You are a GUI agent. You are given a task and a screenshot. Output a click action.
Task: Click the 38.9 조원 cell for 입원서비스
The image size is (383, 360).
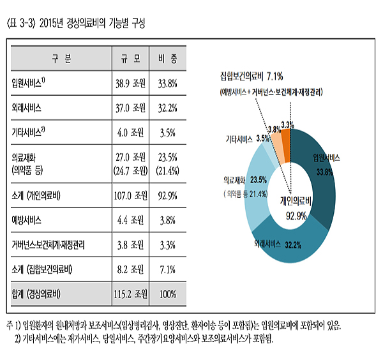click(x=130, y=84)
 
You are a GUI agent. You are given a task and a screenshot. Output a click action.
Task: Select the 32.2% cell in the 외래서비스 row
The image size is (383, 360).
click(x=167, y=108)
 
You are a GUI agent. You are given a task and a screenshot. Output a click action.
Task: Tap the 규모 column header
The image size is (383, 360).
click(x=131, y=59)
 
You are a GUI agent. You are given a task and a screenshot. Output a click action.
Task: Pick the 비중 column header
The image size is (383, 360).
click(x=167, y=59)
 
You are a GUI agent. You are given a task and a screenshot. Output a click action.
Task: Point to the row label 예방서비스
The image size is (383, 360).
click(x=26, y=220)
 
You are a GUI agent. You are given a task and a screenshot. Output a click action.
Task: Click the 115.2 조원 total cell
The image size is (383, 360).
click(x=130, y=294)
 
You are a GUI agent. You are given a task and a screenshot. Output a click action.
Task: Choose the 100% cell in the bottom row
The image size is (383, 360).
click(x=168, y=294)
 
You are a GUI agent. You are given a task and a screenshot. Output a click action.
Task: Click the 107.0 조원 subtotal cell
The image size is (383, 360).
click(x=130, y=195)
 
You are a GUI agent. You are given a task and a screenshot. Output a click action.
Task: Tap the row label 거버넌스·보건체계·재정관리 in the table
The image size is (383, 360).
click(x=48, y=244)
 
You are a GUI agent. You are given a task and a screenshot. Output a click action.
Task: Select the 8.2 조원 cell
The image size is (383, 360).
click(x=130, y=269)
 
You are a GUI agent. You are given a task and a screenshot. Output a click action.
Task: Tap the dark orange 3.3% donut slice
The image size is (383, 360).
click(x=286, y=146)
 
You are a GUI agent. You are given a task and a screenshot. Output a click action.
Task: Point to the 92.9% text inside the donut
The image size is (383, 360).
click(x=296, y=216)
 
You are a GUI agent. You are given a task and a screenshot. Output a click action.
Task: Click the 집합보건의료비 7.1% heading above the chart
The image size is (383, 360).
click(x=252, y=77)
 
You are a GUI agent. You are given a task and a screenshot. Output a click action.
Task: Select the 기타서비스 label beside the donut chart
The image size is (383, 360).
click(x=239, y=139)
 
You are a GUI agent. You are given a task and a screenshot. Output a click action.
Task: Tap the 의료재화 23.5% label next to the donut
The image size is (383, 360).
click(x=245, y=180)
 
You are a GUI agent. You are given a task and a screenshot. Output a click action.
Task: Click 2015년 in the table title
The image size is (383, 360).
click(x=51, y=24)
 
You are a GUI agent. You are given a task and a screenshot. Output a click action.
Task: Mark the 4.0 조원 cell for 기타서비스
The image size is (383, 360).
click(x=130, y=133)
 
